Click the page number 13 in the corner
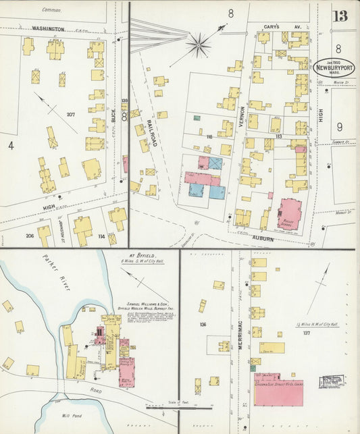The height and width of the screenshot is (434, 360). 340,15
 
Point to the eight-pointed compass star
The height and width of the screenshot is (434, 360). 198,46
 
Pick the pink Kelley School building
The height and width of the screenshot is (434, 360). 290,214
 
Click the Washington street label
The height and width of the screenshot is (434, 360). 48,29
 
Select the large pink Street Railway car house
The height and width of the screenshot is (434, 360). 278,389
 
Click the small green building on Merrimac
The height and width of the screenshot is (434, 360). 253,368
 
